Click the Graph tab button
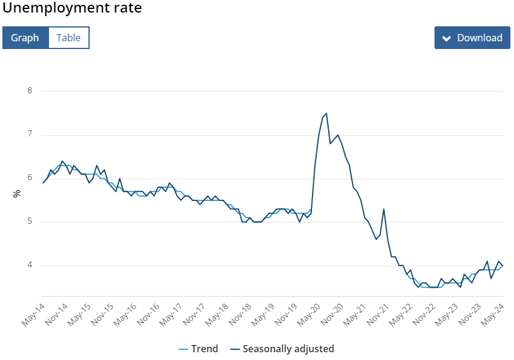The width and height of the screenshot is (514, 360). [x=25, y=38]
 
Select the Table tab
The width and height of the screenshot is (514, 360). [x=68, y=38]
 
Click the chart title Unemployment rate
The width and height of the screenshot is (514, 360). [x=72, y=9]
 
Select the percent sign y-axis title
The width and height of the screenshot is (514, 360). [x=17, y=193]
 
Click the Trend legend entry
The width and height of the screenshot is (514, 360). [x=198, y=349]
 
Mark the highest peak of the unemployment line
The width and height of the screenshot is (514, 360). [x=326, y=113]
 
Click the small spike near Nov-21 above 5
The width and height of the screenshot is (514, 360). [x=384, y=209]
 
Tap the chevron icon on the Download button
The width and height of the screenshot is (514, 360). [x=446, y=38]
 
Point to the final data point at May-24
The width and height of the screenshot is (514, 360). [x=502, y=266]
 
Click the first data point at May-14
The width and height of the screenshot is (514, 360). [x=43, y=182]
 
